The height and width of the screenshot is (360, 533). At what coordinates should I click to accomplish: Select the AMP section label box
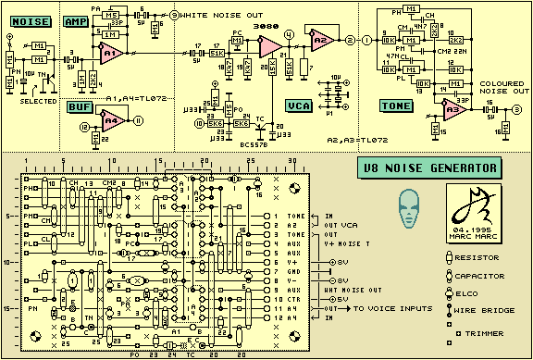pyautogui.click(x=76, y=20)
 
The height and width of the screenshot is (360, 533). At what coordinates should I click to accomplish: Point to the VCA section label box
pyautogui.click(x=299, y=106)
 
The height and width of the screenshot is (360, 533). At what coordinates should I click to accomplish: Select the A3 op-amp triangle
pyautogui.click(x=452, y=110)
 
